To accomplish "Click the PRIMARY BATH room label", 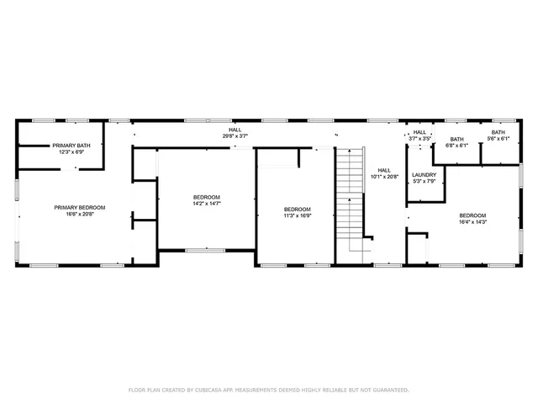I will [x=71, y=146].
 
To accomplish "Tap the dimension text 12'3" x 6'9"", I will [x=71, y=152].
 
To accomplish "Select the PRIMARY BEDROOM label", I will [x=80, y=208].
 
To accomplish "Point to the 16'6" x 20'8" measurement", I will [x=80, y=215].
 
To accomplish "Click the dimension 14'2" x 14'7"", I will [x=206, y=204].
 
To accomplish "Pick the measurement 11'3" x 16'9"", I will [x=297, y=215].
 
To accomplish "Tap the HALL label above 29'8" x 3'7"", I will [x=235, y=130].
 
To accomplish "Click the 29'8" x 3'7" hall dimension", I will [x=235, y=136].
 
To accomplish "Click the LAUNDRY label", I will [x=424, y=175].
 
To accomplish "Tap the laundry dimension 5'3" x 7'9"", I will [x=424, y=182].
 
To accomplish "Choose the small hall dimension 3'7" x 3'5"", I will [x=419, y=138].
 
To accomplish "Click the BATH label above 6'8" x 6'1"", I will [x=456, y=139].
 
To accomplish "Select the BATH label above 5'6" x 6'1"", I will [x=498, y=132].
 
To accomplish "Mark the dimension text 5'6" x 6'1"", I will [x=498, y=139].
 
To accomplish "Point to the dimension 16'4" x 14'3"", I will [x=472, y=222].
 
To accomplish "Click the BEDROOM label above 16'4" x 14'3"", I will [x=472, y=215].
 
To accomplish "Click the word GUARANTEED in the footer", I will [x=390, y=390].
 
